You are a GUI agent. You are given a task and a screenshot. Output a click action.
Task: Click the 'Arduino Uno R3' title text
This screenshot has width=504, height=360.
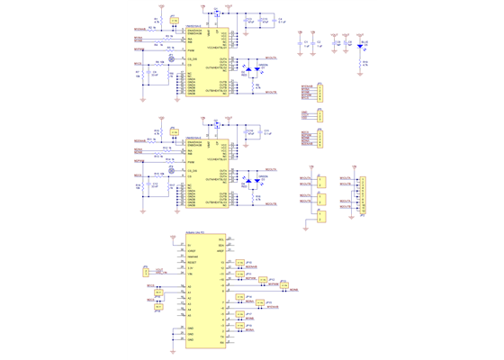pyautogui.click(x=196, y=232)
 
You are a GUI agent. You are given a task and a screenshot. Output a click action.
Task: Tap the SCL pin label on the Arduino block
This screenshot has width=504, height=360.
pyautogui.click(x=219, y=238)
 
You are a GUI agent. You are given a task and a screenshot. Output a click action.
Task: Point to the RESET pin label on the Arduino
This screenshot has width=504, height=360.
pyautogui.click(x=192, y=263)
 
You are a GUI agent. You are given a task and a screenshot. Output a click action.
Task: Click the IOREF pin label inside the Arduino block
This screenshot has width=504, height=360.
pyautogui.click(x=192, y=251)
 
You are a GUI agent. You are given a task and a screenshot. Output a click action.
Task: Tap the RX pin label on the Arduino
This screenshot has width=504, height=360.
pyautogui.click(x=220, y=341)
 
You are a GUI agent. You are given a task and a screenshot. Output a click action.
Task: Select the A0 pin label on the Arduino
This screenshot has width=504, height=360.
pyautogui.click(x=189, y=287)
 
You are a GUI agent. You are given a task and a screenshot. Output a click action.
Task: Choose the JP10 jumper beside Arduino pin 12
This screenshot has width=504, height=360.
pyautogui.click(x=239, y=263)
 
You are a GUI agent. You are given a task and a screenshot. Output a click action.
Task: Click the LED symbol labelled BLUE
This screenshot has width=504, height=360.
pyautogui.click(x=364, y=45)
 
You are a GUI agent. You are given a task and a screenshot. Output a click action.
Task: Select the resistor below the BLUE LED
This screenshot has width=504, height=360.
pyautogui.click(x=364, y=62)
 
